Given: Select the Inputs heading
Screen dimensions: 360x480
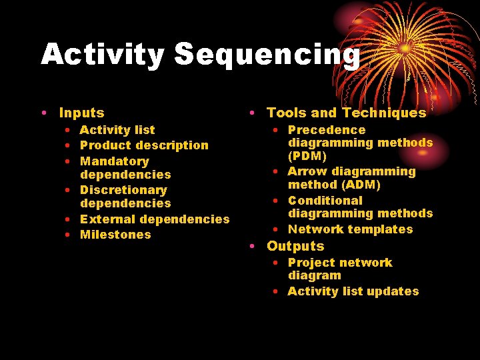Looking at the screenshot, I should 81,113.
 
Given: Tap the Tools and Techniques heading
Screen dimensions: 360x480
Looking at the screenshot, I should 346,113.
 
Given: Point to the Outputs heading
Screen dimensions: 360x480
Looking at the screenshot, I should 295,246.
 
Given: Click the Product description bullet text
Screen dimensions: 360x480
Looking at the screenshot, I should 144,145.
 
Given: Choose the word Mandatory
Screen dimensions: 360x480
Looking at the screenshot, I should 114,161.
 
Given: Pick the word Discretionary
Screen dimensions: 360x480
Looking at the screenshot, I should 123,190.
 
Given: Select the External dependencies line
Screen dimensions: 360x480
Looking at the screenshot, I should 155,219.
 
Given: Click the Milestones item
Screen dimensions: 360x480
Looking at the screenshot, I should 115,235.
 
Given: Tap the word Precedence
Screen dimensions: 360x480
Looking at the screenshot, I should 327,130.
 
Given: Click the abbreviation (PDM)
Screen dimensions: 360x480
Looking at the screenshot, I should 307,156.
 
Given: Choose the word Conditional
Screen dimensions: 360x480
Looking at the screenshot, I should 325,201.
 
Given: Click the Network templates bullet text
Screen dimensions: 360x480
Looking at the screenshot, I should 350,229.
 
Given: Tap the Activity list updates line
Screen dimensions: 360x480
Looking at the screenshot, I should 353,291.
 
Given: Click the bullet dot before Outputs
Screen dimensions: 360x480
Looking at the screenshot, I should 254,246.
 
